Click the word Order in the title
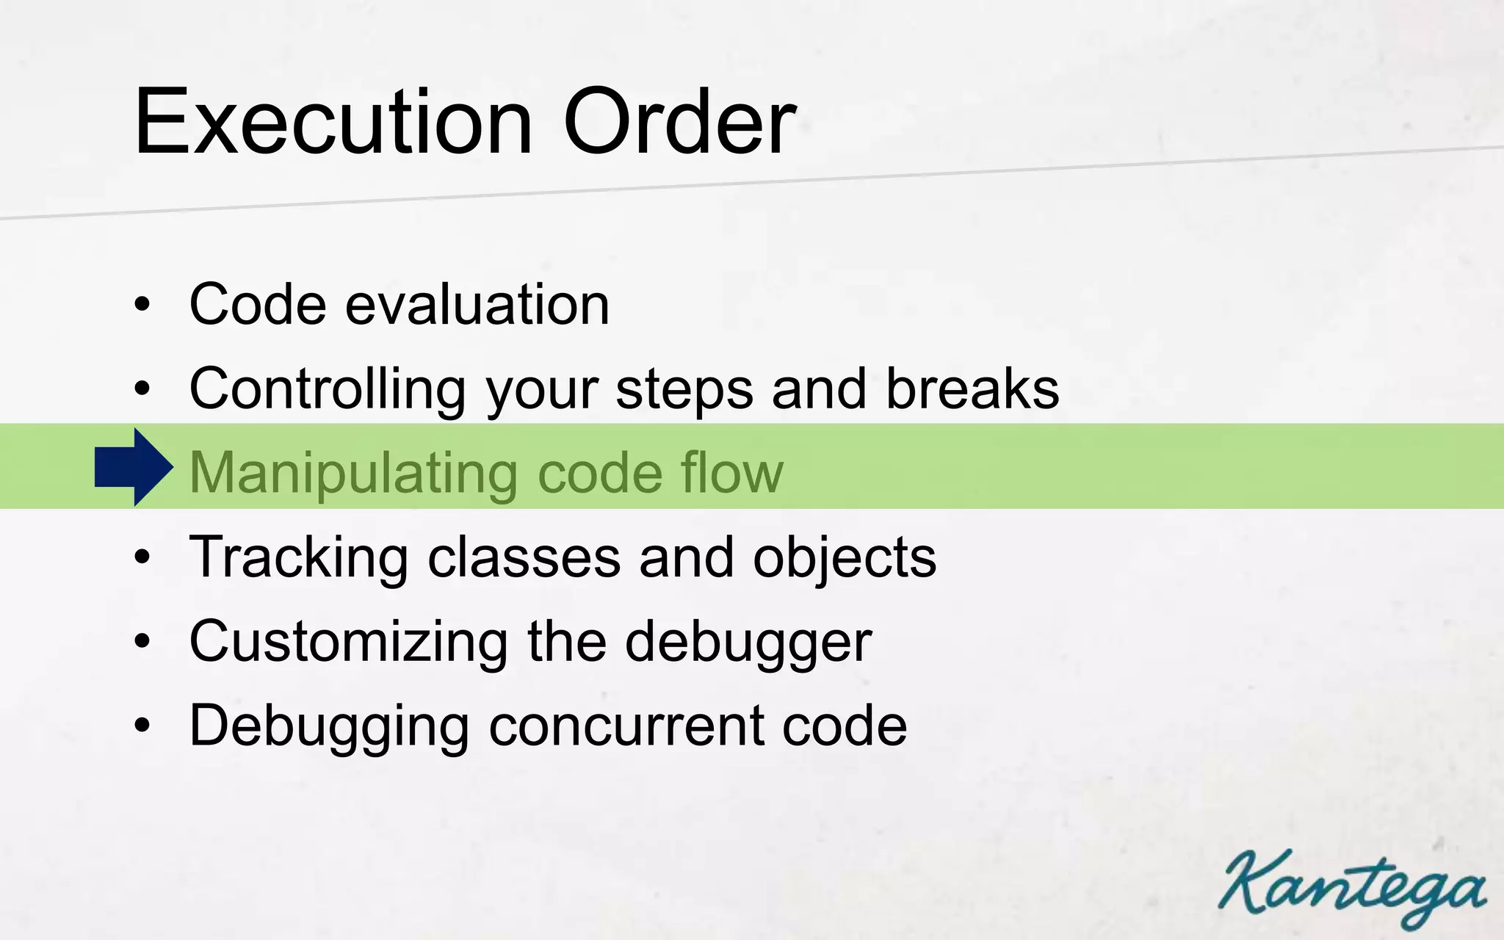(x=679, y=121)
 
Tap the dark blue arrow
(x=134, y=467)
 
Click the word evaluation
(x=477, y=304)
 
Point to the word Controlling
(x=328, y=388)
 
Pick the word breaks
(x=972, y=388)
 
